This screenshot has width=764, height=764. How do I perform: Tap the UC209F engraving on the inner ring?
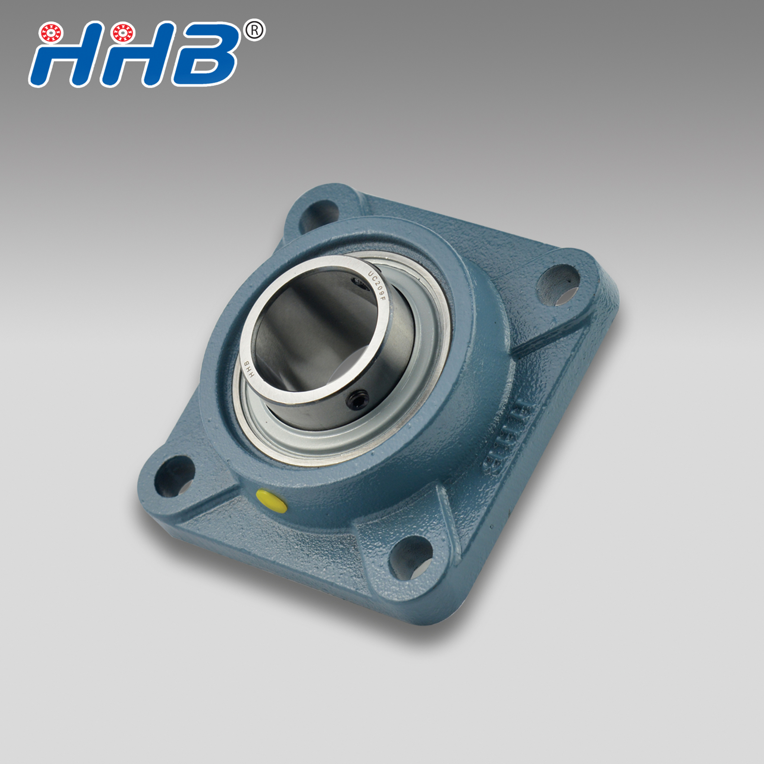(376, 287)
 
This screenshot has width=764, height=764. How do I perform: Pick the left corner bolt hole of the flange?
(174, 476)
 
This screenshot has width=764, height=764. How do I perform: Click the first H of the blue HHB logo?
(63, 59)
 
